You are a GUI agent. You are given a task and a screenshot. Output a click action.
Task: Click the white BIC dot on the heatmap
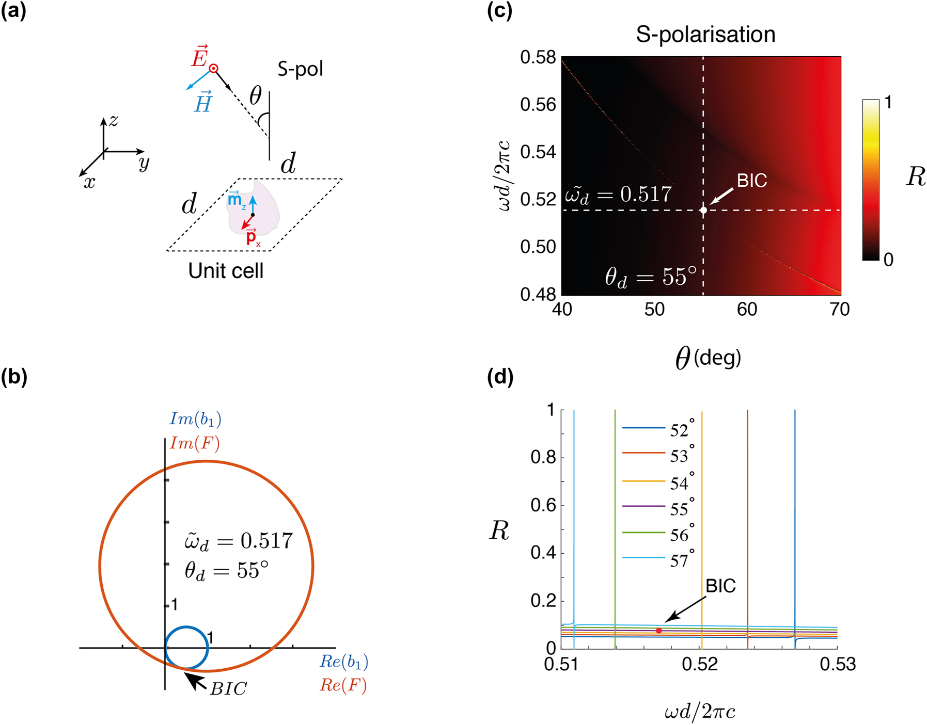click(x=703, y=210)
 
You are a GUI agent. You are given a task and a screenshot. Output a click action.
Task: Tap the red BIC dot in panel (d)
click(x=659, y=631)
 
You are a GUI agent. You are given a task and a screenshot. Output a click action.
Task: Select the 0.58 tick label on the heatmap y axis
click(x=538, y=58)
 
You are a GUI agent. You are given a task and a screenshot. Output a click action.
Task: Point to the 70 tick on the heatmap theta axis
click(x=839, y=310)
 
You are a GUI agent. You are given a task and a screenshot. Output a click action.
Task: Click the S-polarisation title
click(x=705, y=35)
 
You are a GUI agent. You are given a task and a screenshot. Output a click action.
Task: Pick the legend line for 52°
click(x=643, y=428)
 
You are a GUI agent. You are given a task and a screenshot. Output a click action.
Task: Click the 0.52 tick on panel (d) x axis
click(x=700, y=664)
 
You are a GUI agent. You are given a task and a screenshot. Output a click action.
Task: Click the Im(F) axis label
click(x=194, y=443)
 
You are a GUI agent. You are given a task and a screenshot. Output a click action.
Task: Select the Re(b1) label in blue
click(x=344, y=662)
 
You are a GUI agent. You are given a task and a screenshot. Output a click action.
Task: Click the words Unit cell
click(x=226, y=271)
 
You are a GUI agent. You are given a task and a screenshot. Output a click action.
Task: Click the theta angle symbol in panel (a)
click(x=256, y=96)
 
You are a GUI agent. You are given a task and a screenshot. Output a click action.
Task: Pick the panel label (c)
click(x=500, y=11)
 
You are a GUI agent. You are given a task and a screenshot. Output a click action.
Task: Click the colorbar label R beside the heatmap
click(x=916, y=177)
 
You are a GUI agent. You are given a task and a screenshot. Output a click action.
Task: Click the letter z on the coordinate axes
click(x=114, y=121)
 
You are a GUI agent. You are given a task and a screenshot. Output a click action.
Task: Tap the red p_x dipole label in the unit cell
click(x=252, y=237)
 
